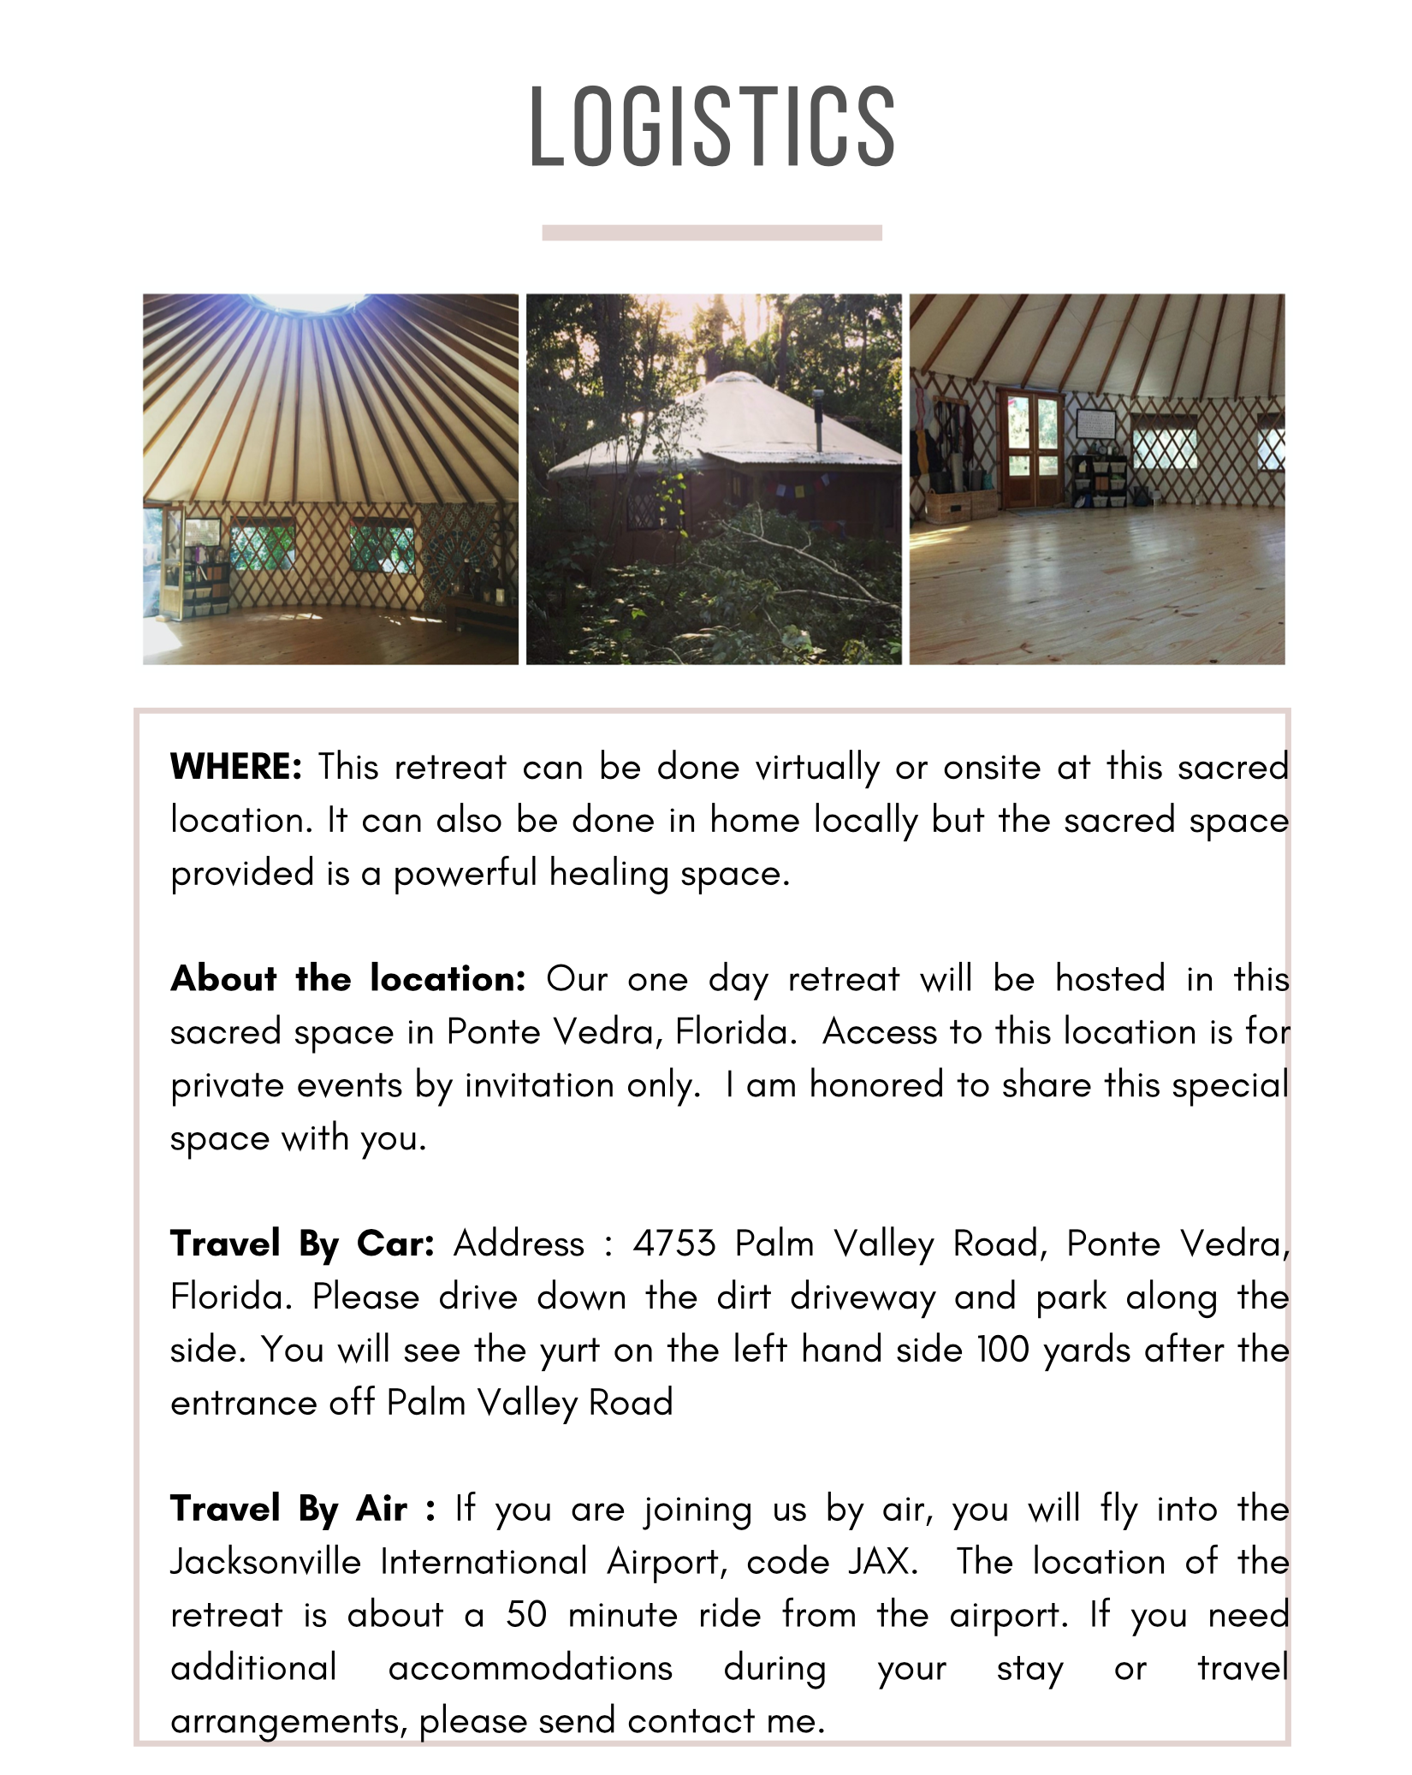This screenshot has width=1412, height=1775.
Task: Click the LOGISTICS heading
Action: click(712, 127)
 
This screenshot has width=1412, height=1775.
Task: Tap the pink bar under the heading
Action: click(712, 233)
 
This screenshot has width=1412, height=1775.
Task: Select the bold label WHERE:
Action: click(236, 767)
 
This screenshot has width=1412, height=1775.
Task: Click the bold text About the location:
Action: click(348, 978)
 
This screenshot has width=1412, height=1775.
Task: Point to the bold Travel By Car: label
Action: click(302, 1244)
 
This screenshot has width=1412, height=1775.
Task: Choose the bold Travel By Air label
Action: click(288, 1509)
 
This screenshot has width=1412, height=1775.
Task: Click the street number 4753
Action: click(673, 1244)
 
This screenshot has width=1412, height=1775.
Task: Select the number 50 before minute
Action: click(526, 1615)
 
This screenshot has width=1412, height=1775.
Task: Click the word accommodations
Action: click(531, 1668)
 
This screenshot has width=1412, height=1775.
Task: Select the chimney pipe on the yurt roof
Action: click(819, 419)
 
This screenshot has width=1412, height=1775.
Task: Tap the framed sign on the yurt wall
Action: click(1095, 424)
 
